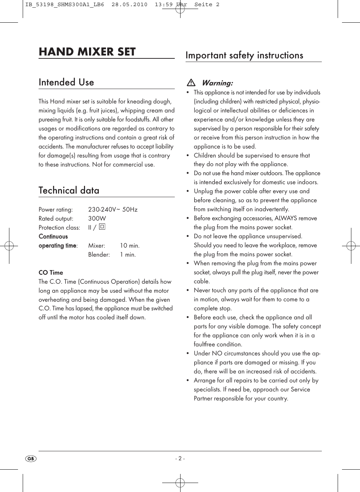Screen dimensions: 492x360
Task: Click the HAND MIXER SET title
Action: click(x=87, y=52)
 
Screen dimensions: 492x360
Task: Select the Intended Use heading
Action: click(x=66, y=82)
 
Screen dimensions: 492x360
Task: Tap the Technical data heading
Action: click(x=69, y=190)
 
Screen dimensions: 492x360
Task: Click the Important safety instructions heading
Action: click(x=244, y=55)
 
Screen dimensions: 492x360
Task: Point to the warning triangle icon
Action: click(x=191, y=83)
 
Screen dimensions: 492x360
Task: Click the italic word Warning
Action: click(x=217, y=83)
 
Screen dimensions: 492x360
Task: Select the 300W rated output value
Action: click(x=97, y=218)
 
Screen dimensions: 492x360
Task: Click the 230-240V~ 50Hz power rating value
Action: click(x=113, y=209)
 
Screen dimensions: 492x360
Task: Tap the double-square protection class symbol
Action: click(x=102, y=227)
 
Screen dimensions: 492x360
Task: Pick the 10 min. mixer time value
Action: click(x=130, y=245)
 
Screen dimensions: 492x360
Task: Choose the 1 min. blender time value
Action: click(x=128, y=254)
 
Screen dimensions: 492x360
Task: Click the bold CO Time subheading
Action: click(x=51, y=272)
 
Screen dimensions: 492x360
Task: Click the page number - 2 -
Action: click(x=180, y=459)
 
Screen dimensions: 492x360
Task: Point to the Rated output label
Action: click(x=56, y=218)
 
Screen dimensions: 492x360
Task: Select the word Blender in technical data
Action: click(x=99, y=254)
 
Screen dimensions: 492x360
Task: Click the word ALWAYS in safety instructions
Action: click(x=286, y=218)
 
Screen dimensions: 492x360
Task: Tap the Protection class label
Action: click(x=59, y=227)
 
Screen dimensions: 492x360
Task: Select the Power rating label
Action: click(x=55, y=209)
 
